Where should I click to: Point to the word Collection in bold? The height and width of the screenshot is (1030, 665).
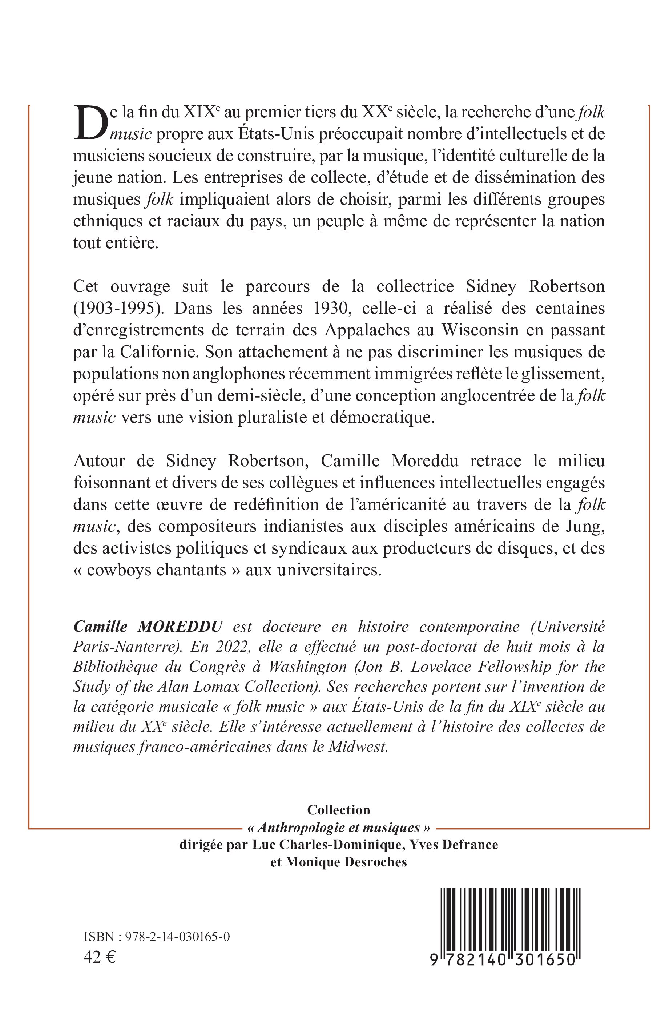(x=339, y=810)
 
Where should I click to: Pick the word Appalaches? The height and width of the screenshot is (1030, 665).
(x=372, y=330)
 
